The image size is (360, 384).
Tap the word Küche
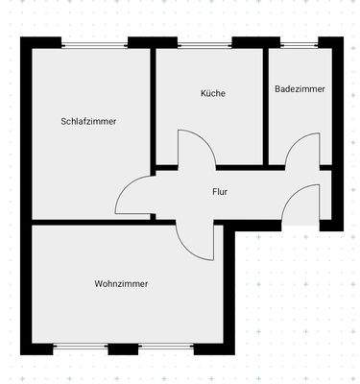212,93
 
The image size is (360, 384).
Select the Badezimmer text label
300,88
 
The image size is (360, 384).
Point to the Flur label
220,191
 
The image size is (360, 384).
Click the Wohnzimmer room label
121,283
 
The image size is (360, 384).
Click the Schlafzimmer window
94,43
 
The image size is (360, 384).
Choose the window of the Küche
204,43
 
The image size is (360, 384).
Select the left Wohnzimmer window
81,348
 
